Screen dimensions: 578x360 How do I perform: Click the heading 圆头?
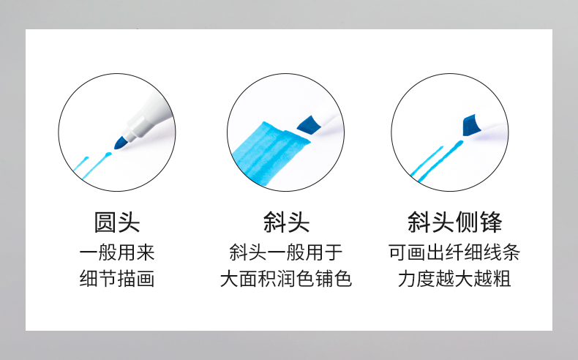point(117,222)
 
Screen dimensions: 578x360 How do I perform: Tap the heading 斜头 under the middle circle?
point(286,222)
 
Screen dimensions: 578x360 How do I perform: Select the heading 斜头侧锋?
point(454,222)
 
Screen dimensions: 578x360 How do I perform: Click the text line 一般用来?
point(117,252)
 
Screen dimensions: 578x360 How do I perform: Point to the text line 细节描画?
point(117,278)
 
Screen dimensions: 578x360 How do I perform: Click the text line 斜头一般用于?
point(286,252)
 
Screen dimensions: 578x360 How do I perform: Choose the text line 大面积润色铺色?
point(286,278)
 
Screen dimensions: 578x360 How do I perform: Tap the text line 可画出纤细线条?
point(454,252)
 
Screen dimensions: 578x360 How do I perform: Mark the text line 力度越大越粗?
point(454,278)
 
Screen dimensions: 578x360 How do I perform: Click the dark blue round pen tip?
point(120,143)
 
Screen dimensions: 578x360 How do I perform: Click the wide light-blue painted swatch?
point(269,153)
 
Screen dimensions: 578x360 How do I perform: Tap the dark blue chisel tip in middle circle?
point(309,124)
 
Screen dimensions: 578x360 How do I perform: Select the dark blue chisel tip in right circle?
point(471,125)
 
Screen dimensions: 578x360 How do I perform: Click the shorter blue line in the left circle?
point(80,164)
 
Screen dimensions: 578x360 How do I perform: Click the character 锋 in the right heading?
point(491,222)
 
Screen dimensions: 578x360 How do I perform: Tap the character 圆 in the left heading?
point(105,222)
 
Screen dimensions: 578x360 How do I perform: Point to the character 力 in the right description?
point(407,278)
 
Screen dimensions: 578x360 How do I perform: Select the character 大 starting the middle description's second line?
point(229,278)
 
